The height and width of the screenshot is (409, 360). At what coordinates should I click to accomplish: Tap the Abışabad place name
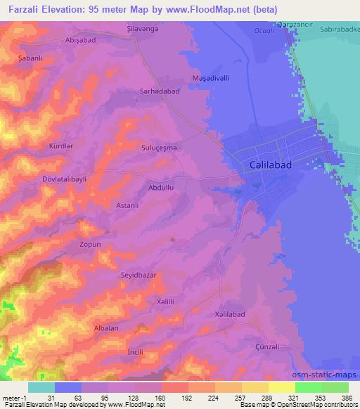click(x=80, y=40)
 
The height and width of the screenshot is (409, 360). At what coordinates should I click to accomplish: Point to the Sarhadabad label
click(x=143, y=91)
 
